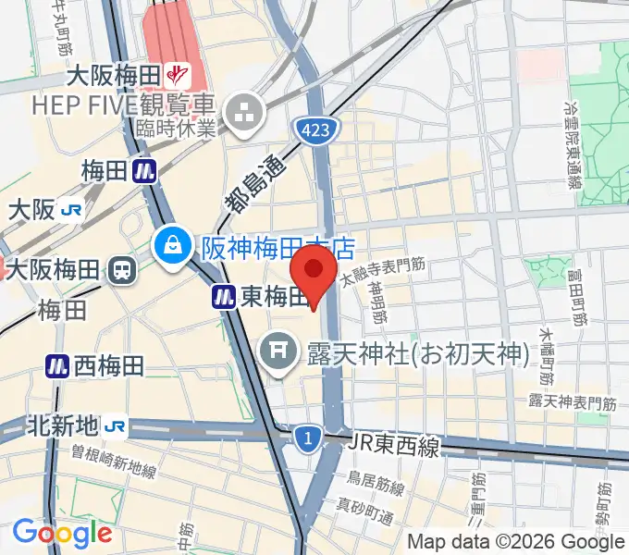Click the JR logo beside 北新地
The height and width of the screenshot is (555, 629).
point(116,426)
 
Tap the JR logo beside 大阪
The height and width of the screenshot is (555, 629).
point(71,211)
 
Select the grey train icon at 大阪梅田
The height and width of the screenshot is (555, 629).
point(121,270)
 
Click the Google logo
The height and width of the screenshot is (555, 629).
point(62,533)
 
